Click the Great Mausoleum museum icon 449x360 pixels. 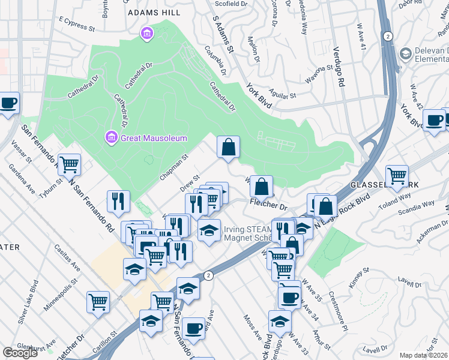coord(111,138)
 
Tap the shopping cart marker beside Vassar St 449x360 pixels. coord(70,163)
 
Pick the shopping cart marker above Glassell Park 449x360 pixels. coord(397,176)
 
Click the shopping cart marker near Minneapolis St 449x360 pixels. coord(98,302)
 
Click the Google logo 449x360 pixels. coord(20,353)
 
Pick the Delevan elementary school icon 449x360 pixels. coord(406,55)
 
